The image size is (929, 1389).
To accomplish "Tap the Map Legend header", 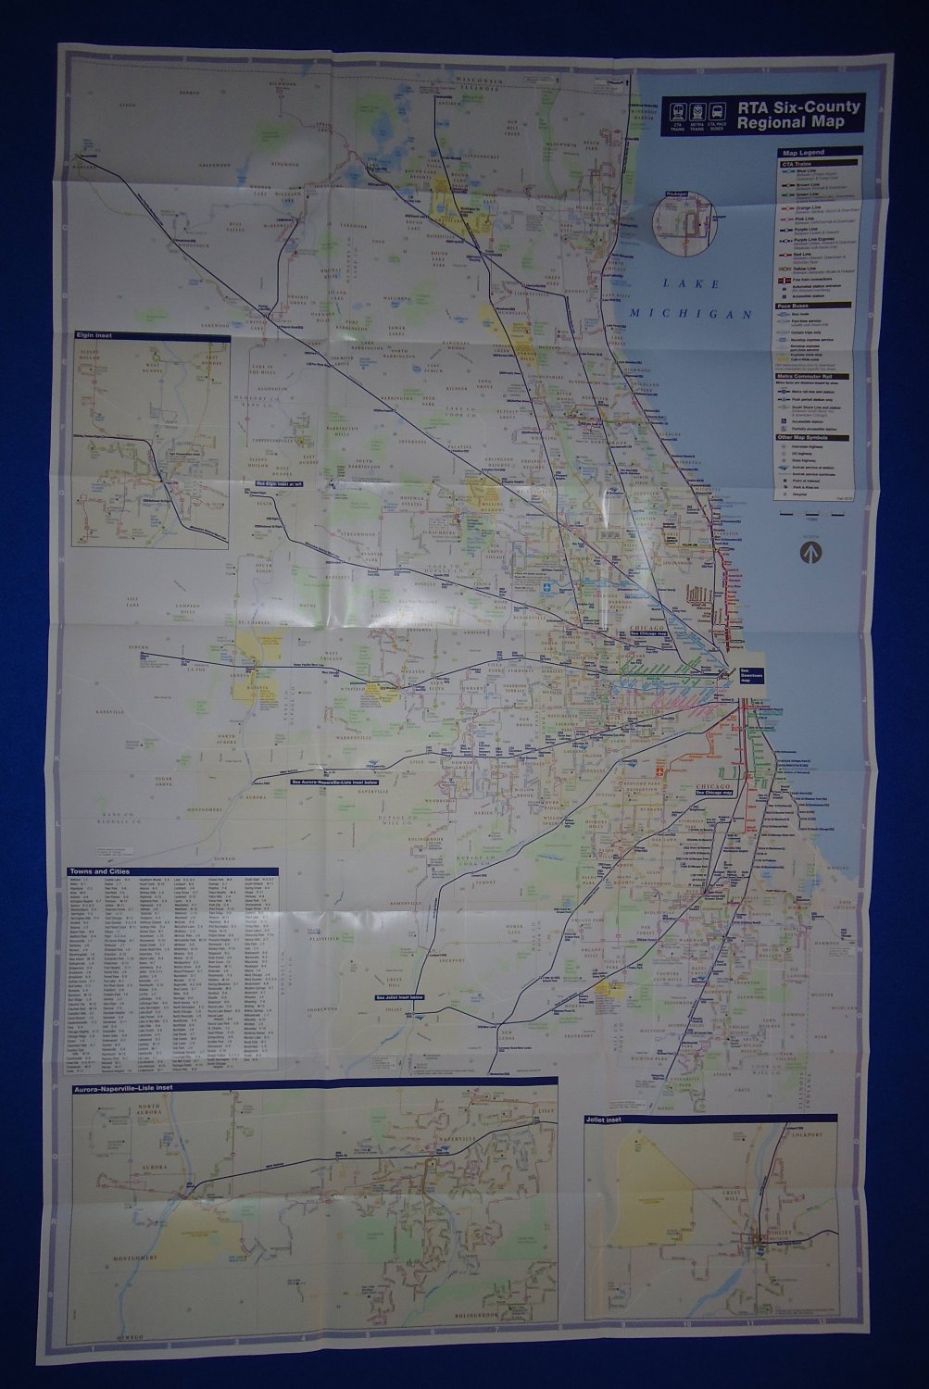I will tap(802, 153).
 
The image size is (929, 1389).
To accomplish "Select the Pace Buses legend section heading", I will tap(795, 305).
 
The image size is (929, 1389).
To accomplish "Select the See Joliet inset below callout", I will tap(398, 997).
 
